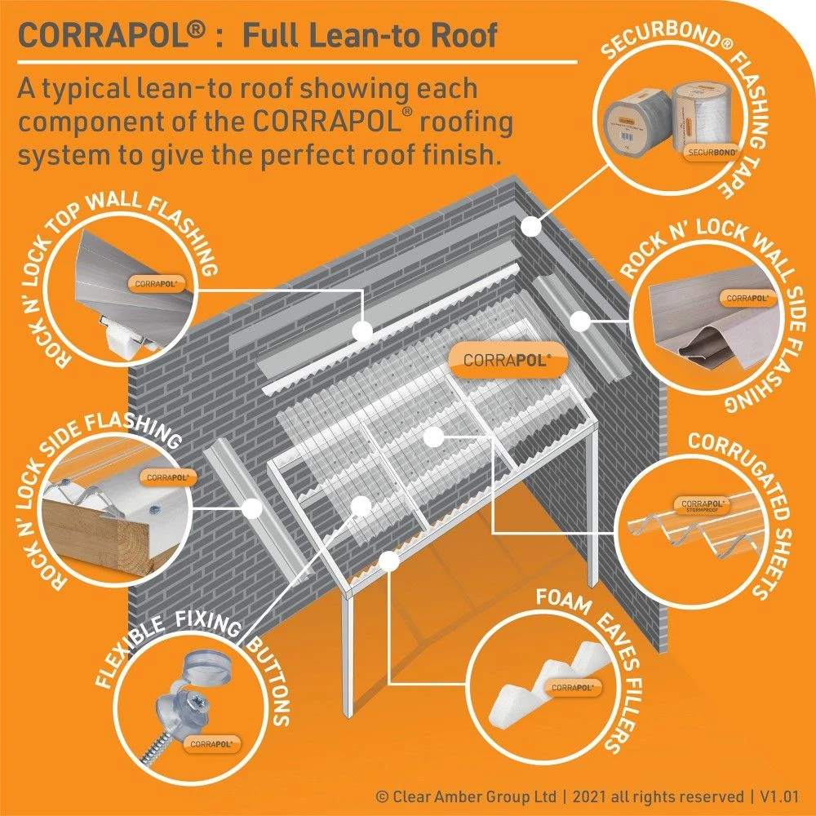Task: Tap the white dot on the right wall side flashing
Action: coord(579,320)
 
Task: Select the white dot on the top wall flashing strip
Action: coord(361,331)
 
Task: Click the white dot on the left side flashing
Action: coord(252,508)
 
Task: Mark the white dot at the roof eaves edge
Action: coord(391,561)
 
